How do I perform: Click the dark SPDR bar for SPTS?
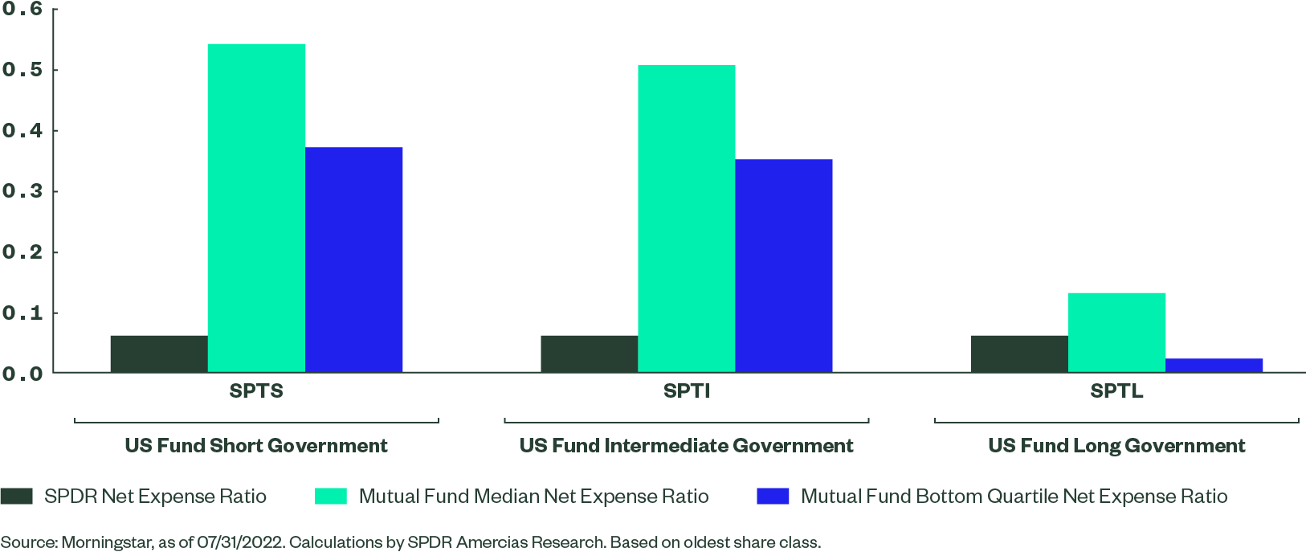click(159, 354)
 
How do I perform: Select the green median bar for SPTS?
click(256, 208)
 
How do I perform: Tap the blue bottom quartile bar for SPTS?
click(353, 260)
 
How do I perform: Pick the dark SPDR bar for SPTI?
click(589, 354)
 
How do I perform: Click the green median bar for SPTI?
click(686, 219)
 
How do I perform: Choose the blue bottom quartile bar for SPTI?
click(783, 266)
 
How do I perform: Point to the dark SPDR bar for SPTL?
click(1019, 354)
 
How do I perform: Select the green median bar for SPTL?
click(1116, 333)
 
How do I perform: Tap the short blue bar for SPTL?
click(1214, 366)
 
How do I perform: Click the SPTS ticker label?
click(256, 391)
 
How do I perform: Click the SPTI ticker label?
click(687, 391)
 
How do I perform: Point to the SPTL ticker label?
click(1116, 391)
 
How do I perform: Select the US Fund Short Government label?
click(256, 446)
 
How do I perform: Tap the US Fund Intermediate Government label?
click(686, 446)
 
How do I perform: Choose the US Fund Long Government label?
click(1116, 446)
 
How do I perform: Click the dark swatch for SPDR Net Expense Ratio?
click(17, 497)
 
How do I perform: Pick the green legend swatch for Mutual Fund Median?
click(331, 497)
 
